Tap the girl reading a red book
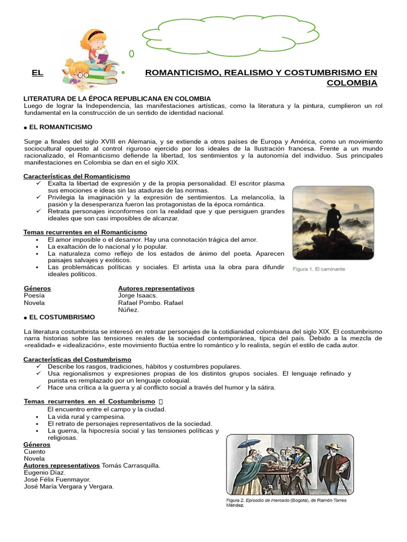point(96,46)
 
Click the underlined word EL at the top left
point(37,73)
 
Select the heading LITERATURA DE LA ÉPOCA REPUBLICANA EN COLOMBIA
point(117,98)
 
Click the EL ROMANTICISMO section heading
point(60,127)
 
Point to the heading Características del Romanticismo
point(77,176)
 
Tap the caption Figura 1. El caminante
point(319,269)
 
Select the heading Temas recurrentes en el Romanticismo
point(85,232)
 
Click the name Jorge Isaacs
point(138,295)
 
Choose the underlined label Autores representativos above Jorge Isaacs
point(156,288)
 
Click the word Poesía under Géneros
point(34,295)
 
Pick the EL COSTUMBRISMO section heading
point(61,317)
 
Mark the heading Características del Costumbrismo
point(77,359)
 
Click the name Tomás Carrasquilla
point(131,465)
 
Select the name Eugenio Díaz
point(45,472)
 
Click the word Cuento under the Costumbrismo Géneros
point(35,451)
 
